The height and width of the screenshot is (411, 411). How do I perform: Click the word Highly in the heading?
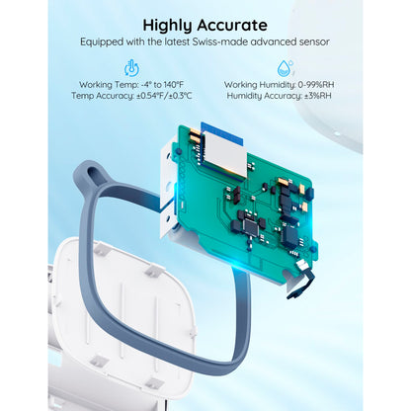(x=173, y=25)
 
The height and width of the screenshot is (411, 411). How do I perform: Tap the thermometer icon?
(x=130, y=68)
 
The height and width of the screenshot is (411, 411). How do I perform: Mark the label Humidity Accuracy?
(x=254, y=96)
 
